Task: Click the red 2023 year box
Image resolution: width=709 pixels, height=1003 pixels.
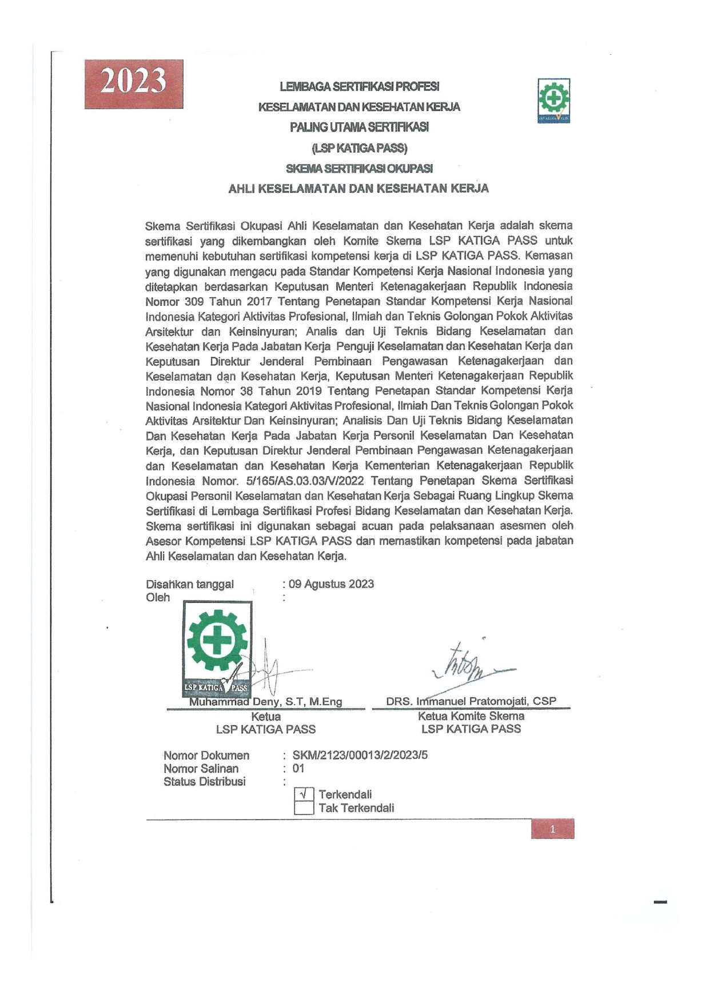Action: coord(134,83)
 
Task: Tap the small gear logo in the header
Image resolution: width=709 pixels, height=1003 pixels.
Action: coord(553,100)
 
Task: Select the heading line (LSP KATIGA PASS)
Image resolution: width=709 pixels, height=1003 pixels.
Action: coord(359,148)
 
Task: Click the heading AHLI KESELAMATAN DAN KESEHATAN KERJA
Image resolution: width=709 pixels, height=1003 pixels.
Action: coord(359,189)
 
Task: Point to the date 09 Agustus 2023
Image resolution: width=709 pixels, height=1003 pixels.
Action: coord(331,584)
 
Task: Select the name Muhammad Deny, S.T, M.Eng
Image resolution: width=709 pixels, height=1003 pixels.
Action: coord(266,702)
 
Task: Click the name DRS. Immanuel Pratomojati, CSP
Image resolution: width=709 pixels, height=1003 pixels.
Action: coord(471,701)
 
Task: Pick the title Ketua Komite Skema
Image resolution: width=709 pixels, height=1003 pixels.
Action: coord(471,716)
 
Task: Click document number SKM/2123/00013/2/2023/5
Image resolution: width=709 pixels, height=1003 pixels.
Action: coord(360,755)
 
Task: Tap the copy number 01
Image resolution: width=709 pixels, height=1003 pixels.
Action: coord(298,769)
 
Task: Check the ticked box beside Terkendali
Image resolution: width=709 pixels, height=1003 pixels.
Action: coord(304,794)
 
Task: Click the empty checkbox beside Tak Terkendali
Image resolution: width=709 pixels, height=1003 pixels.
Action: coord(304,808)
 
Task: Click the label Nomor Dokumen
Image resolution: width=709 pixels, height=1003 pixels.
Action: coord(206,756)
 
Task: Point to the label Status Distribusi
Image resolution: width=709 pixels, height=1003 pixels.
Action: coord(205,782)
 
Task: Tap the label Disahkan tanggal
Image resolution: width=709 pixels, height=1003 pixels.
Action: coord(190,584)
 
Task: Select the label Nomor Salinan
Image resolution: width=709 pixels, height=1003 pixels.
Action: coord(201,769)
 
